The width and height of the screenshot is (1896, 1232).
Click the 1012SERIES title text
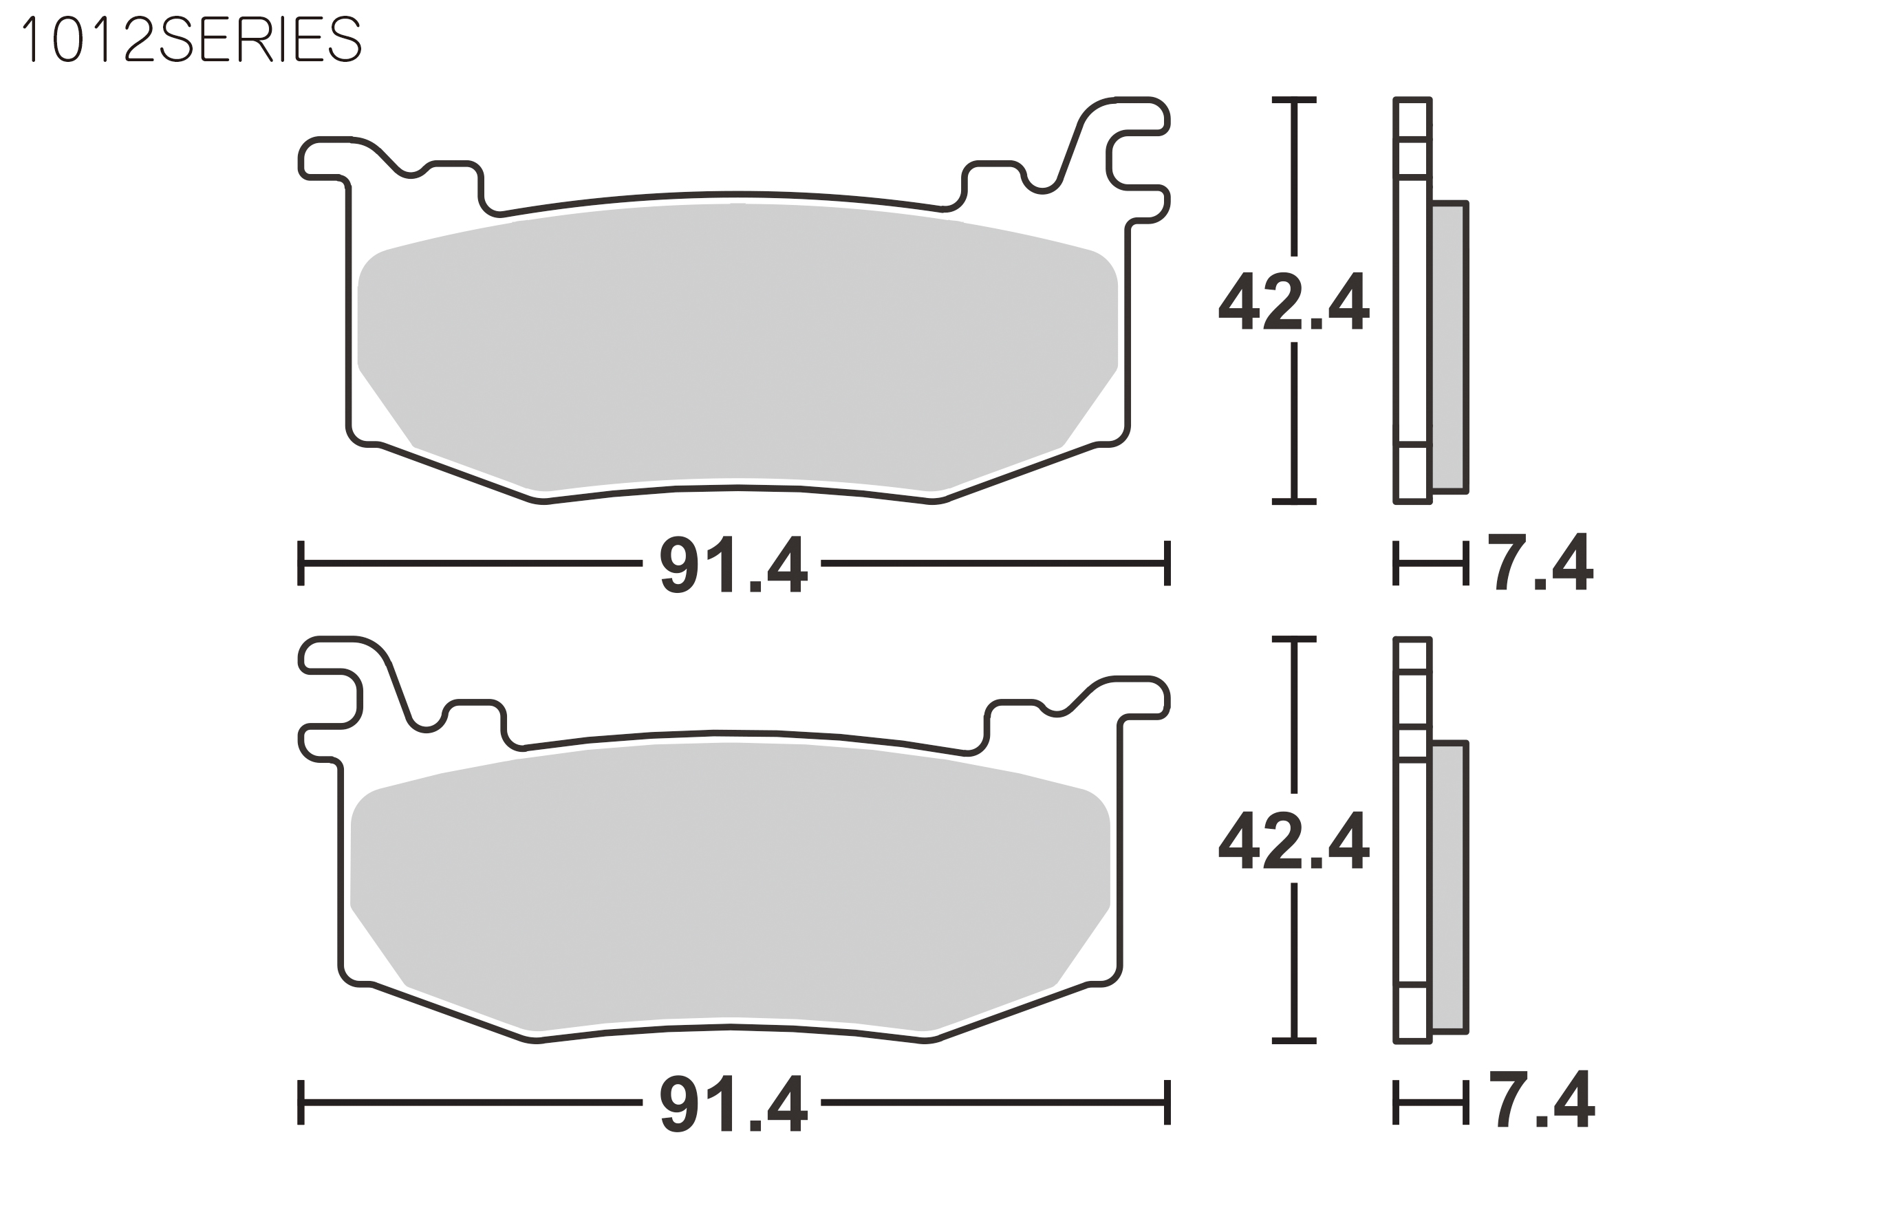coord(192,39)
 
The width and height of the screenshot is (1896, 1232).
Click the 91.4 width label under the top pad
coord(733,564)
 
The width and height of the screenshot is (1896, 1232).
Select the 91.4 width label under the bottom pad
coord(733,1103)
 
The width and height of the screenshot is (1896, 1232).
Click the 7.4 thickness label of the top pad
coord(1540,561)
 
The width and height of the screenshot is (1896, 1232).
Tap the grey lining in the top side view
coord(1449,347)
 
